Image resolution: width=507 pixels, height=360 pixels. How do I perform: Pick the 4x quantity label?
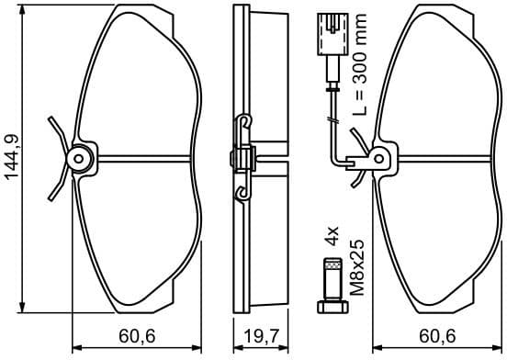(x=332, y=239)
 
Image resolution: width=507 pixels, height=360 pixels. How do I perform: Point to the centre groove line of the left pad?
(x=147, y=159)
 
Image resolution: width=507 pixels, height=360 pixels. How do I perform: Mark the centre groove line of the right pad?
(x=441, y=159)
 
